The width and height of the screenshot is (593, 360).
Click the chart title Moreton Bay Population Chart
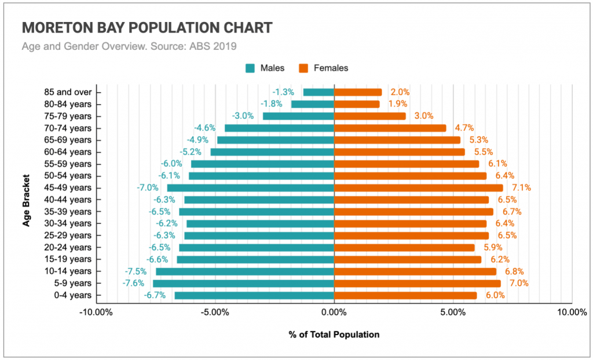[147, 28]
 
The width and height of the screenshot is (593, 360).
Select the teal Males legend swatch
[250, 68]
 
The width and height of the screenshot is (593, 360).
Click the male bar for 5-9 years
[243, 284]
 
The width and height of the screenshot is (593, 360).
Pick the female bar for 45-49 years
[419, 188]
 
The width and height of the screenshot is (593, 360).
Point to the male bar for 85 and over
[319, 92]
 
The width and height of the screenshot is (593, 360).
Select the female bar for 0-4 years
[405, 295]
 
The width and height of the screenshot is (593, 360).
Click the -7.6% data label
[134, 284]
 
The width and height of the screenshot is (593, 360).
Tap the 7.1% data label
[521, 188]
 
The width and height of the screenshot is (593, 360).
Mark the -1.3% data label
[284, 92]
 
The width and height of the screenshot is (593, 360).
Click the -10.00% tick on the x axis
[96, 313]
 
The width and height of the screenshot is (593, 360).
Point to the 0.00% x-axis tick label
[334, 313]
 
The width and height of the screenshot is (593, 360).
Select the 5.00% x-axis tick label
[453, 313]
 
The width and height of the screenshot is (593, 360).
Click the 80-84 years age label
[68, 104]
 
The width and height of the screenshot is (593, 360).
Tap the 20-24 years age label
[68, 247]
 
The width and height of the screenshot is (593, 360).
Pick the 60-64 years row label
[68, 152]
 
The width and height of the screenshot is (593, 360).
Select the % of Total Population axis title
[334, 335]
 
